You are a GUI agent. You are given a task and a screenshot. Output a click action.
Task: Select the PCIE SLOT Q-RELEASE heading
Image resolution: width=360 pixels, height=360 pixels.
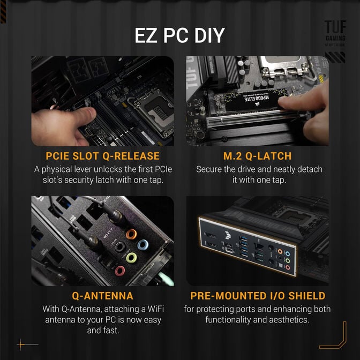click(x=102, y=156)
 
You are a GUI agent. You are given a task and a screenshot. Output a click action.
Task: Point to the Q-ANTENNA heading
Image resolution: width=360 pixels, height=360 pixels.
click(x=102, y=296)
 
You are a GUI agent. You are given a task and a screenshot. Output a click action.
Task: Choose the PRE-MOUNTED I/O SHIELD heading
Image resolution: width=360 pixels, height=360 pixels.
click(x=258, y=296)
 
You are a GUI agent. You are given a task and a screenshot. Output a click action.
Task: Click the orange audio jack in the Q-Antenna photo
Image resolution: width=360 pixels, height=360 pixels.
click(x=130, y=234)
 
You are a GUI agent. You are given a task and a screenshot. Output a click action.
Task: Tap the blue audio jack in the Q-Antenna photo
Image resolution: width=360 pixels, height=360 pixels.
click(x=142, y=245)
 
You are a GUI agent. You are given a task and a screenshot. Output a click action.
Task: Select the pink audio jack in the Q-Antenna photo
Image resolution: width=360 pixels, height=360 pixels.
click(x=119, y=271)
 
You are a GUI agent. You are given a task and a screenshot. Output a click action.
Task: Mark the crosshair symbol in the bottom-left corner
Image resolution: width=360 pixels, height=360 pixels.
click(x=21, y=344)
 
